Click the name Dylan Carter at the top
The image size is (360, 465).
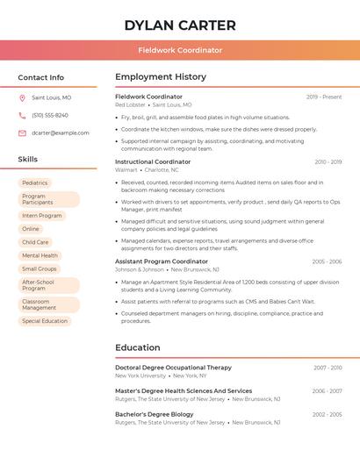click(180, 25)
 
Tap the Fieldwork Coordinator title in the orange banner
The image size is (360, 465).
click(180, 50)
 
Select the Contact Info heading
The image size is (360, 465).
click(41, 77)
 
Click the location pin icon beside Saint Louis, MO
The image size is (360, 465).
click(22, 98)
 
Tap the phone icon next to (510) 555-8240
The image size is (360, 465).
click(22, 116)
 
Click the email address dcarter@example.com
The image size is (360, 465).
click(61, 133)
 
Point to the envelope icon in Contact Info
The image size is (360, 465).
click(22, 133)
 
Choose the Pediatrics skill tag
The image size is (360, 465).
click(35, 182)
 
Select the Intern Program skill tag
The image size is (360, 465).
click(42, 216)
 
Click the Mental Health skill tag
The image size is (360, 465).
click(40, 255)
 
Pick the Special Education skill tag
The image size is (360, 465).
click(45, 321)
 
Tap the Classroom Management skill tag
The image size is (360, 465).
click(40, 304)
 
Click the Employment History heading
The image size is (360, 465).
click(161, 77)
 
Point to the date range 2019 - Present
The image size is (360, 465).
click(324, 97)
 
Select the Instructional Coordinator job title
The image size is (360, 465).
click(153, 161)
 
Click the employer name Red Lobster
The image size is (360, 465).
click(130, 104)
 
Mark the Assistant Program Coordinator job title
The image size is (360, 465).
click(162, 261)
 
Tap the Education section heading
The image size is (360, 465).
click(138, 347)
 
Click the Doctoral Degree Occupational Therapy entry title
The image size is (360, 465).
click(174, 368)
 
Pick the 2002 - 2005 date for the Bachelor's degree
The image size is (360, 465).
click(327, 414)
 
